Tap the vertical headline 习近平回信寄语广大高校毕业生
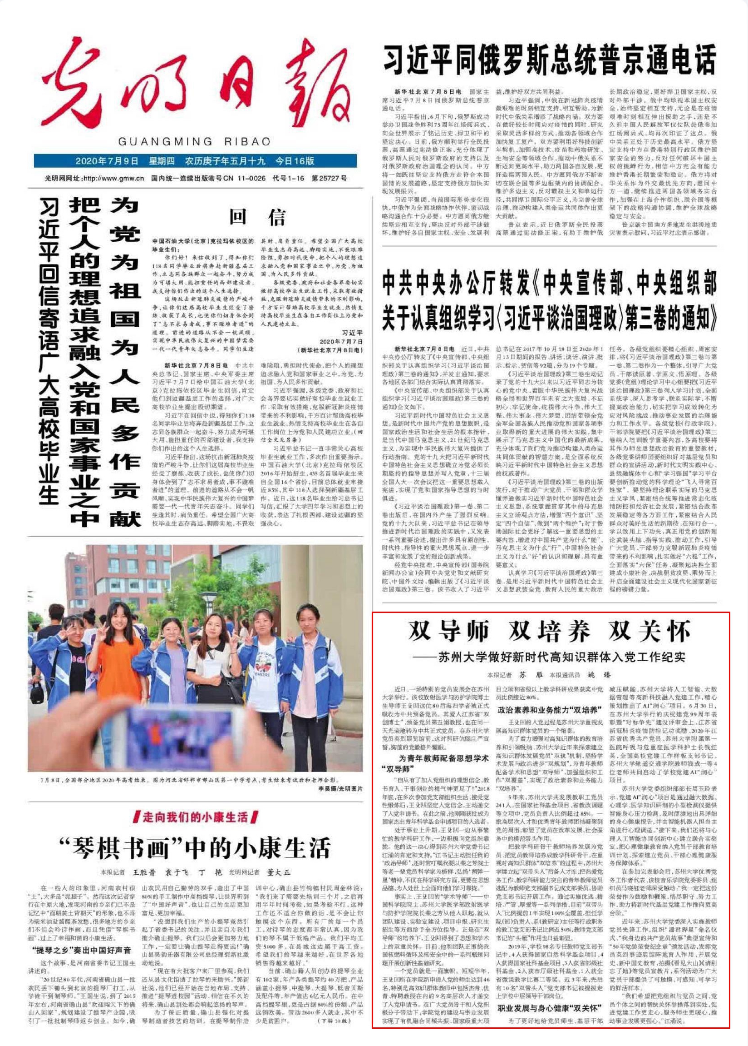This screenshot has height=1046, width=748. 49,350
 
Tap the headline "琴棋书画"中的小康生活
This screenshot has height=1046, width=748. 196,847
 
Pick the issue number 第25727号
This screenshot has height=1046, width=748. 330,179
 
